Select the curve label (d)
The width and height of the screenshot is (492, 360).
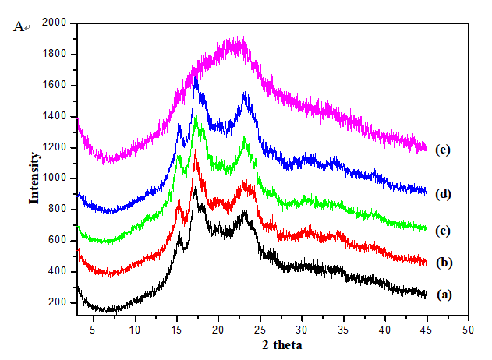[443, 195]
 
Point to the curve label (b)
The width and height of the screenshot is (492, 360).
[443, 263]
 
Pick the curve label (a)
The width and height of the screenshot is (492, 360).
[443, 295]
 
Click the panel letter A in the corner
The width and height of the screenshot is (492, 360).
[19, 26]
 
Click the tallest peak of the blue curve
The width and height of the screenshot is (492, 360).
[196, 76]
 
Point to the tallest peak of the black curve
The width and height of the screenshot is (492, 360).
[195, 188]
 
